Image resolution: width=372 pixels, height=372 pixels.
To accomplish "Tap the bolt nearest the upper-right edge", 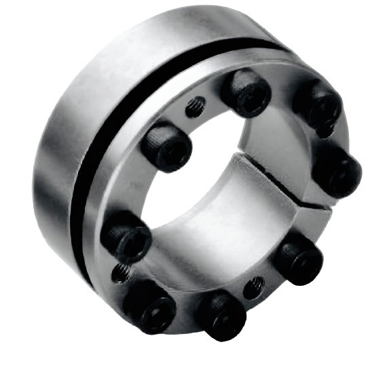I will pos(318,103).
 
